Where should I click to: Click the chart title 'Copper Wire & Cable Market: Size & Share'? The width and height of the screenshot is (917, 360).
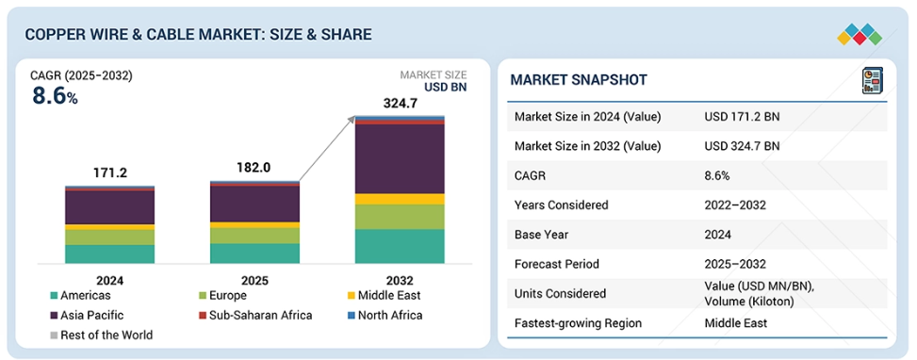(x=198, y=35)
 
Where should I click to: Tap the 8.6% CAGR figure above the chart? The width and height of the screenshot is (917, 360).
(x=55, y=96)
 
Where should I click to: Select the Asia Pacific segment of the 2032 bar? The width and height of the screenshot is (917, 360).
(x=400, y=159)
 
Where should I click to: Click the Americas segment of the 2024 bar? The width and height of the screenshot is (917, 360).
(x=110, y=254)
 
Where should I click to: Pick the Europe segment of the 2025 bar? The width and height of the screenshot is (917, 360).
(x=255, y=236)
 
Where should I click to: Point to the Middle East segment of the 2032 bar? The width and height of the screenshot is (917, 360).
(x=400, y=199)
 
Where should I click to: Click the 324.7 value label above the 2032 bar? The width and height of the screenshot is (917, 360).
(x=400, y=104)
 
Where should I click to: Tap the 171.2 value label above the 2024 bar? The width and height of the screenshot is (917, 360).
(x=110, y=173)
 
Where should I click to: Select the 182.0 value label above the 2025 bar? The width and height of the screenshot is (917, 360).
(x=254, y=168)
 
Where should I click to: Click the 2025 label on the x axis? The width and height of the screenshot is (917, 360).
(x=254, y=281)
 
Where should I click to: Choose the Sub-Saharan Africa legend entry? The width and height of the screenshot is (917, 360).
(x=255, y=316)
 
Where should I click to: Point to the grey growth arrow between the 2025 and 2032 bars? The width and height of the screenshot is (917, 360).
(x=327, y=149)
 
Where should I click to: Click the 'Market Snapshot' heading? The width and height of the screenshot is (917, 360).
(x=579, y=79)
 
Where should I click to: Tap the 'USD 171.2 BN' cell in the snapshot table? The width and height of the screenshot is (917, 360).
(x=742, y=117)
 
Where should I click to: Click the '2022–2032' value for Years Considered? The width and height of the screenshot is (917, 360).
(x=735, y=205)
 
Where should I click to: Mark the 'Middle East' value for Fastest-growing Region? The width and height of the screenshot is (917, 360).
(x=736, y=323)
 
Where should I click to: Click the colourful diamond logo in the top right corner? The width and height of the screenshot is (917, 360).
(x=860, y=35)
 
